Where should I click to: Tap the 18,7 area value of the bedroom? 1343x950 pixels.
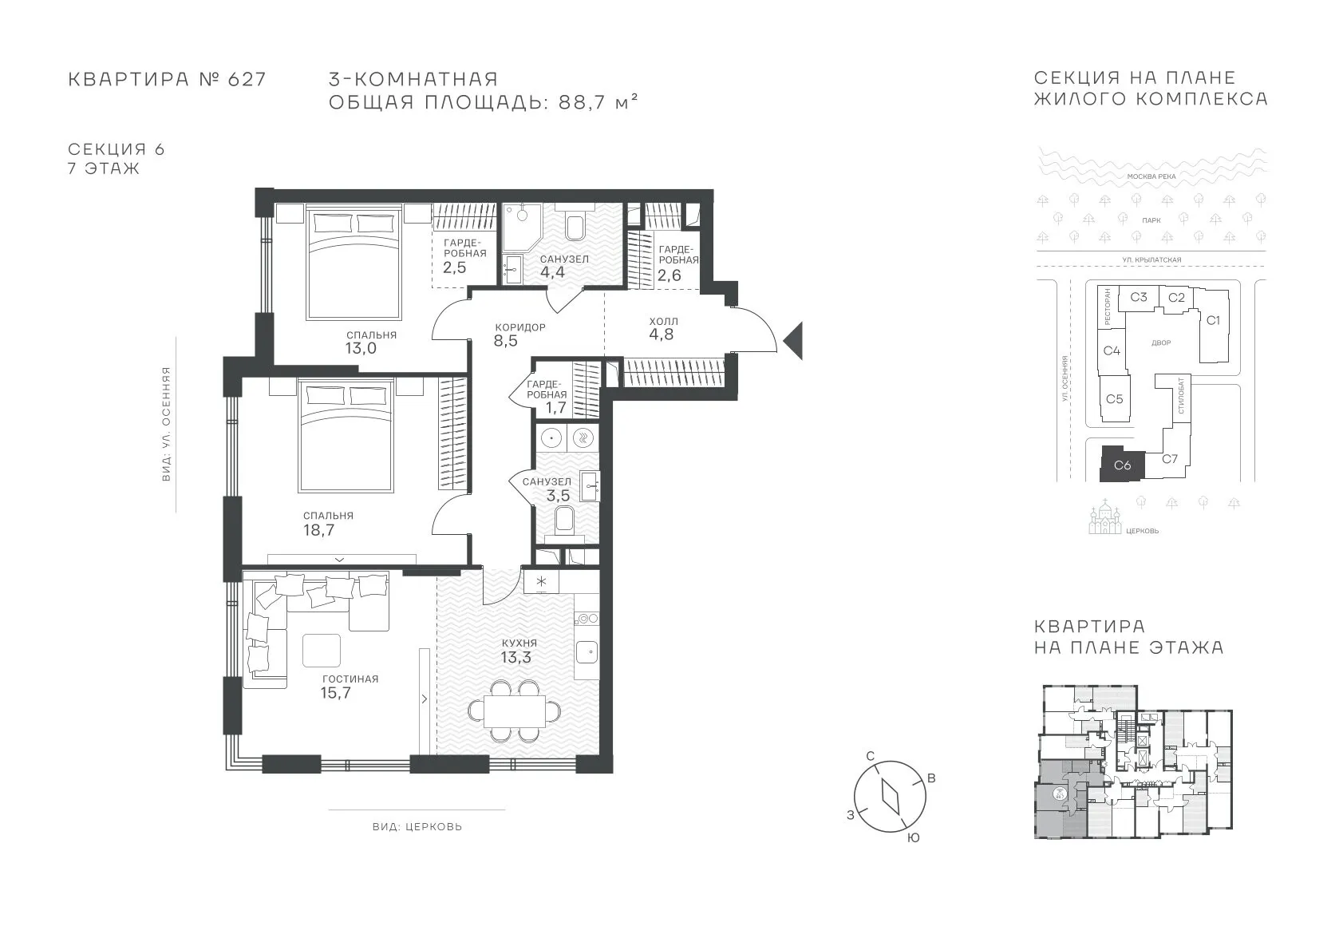point(319,530)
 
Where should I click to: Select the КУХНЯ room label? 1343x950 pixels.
point(519,643)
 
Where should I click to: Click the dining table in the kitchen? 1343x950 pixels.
point(515,711)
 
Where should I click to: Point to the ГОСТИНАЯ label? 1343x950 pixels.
point(350,679)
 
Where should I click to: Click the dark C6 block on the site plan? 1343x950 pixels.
point(1122,464)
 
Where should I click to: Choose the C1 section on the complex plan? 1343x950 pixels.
point(1213,320)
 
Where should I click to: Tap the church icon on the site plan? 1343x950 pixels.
point(1105,517)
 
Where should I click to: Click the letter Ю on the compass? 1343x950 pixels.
point(913,838)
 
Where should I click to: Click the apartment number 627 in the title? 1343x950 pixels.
point(247,79)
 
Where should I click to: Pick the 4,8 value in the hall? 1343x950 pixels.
point(662,334)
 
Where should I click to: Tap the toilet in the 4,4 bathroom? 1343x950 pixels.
point(575,225)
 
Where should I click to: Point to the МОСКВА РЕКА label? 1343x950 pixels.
point(1151,176)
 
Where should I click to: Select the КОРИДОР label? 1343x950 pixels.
point(520,327)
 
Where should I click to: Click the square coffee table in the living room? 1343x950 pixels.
point(322,651)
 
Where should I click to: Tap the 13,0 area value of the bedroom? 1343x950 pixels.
point(361,348)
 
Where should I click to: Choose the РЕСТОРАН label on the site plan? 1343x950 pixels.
point(1108,307)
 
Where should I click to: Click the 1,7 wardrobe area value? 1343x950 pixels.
point(555,408)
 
